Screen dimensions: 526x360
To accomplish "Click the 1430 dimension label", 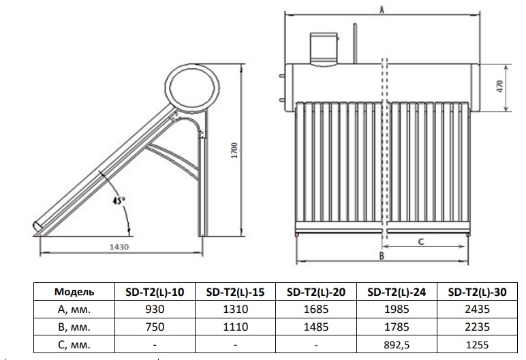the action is (119, 247).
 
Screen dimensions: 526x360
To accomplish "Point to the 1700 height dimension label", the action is (234, 151).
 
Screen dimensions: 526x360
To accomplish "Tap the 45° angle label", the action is (119, 200).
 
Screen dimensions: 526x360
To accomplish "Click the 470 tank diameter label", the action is (500, 87).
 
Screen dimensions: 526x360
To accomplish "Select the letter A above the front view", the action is (382, 10).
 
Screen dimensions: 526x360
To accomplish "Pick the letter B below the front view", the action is (382, 256).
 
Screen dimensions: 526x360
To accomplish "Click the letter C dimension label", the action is (421, 241).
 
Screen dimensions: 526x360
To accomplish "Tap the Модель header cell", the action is (74, 292).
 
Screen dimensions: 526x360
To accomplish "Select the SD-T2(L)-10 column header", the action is (155, 292).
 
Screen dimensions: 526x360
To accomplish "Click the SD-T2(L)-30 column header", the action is (478, 292).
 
